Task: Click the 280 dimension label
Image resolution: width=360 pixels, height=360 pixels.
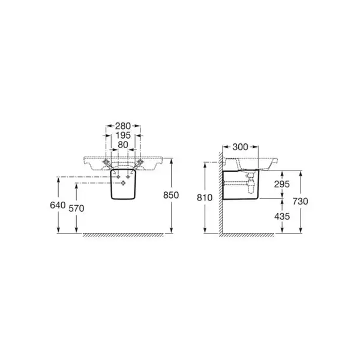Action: (123, 126)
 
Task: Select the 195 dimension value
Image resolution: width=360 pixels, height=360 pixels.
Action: (123, 136)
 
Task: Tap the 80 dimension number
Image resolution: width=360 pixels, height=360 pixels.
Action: (123, 145)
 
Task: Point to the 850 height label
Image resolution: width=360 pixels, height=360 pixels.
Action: (171, 195)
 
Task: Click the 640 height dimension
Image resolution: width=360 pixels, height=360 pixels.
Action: (58, 205)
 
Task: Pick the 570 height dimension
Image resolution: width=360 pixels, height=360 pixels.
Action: (76, 208)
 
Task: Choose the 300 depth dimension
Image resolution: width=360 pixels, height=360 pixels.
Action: (240, 147)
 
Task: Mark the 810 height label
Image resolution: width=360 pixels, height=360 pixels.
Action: (205, 197)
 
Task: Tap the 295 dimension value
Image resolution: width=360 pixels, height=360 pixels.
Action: (282, 184)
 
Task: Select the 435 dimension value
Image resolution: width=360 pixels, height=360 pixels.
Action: (282, 216)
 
